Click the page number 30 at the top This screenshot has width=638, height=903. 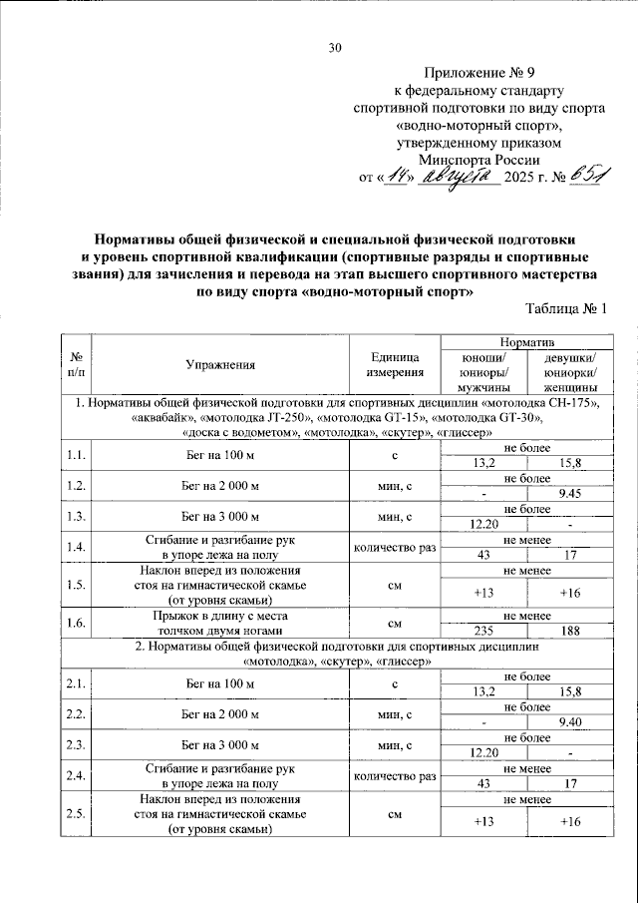point(334,47)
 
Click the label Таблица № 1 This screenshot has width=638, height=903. point(564,311)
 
